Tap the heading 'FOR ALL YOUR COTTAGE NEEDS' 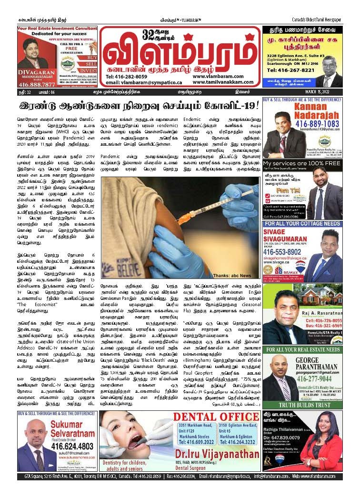pyautogui.click(x=309, y=223)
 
